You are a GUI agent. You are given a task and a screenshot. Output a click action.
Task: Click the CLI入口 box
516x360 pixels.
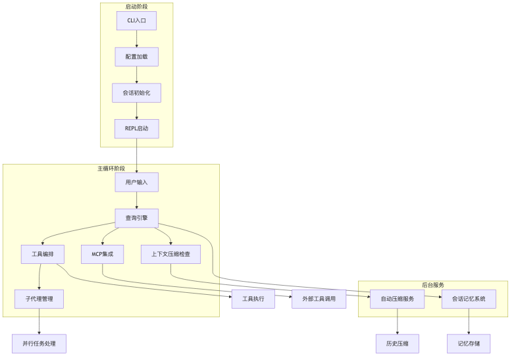[x=136, y=20]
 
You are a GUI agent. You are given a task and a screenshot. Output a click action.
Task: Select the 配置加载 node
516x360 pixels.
[x=136, y=57]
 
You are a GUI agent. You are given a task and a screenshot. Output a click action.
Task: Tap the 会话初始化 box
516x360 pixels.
[x=136, y=93]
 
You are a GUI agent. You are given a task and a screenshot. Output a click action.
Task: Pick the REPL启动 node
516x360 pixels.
[x=136, y=128]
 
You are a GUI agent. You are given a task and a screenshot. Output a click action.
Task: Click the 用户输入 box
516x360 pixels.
[x=136, y=182]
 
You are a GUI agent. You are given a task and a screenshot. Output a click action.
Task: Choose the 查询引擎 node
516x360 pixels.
[x=136, y=218]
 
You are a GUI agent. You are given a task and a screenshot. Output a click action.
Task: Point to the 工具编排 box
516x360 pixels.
[x=43, y=254]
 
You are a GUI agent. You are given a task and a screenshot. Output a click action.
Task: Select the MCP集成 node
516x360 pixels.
[x=102, y=254]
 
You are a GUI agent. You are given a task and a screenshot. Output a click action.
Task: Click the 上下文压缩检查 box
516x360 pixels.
[x=170, y=254]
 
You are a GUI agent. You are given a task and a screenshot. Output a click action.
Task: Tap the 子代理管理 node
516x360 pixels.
[x=39, y=299]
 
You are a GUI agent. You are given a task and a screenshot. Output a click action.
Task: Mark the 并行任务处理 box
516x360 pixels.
[x=39, y=344]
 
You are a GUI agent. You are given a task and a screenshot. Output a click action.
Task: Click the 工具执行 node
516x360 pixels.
[x=253, y=299]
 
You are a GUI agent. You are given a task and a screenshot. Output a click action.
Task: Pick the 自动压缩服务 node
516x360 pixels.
[x=398, y=299]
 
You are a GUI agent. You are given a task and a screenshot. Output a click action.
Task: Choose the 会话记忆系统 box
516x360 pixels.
[x=469, y=299]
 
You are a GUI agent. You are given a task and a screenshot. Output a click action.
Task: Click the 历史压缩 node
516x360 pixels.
[x=398, y=344]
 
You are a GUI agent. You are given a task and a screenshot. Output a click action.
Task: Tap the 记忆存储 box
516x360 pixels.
[x=469, y=344]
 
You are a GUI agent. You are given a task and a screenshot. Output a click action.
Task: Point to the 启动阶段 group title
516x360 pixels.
[x=136, y=7]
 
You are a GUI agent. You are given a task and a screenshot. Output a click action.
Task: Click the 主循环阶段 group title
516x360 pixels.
[x=111, y=168]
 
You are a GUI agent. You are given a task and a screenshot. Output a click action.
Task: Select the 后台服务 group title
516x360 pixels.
[x=432, y=285]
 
